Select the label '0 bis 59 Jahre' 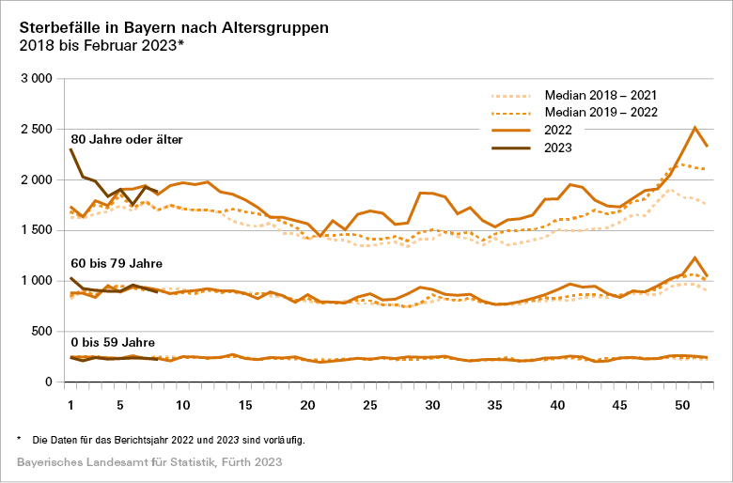pyautogui.click(x=111, y=342)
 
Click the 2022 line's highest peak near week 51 pyautogui.click(x=694, y=127)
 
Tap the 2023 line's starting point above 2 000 pyautogui.click(x=71, y=148)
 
